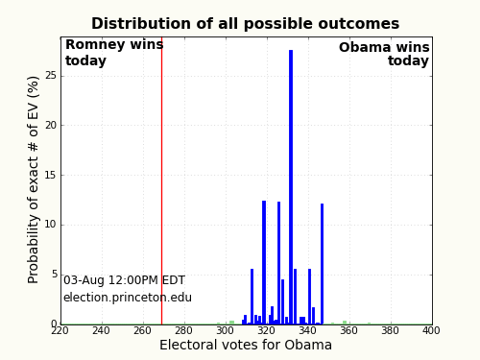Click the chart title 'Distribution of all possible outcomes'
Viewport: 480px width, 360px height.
tap(245, 24)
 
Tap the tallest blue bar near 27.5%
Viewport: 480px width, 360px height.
tap(291, 182)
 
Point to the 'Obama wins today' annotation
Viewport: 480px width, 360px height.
tap(384, 55)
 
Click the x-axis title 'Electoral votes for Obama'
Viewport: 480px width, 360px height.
tap(246, 346)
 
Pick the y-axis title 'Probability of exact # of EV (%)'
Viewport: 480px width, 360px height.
tap(35, 180)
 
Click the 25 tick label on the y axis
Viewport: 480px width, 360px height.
tap(50, 75)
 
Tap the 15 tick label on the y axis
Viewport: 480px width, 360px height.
tap(50, 175)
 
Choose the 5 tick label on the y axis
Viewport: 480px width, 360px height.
tap(53, 275)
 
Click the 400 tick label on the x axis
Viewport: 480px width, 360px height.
tap(431, 331)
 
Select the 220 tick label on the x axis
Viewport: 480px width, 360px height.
tap(60, 331)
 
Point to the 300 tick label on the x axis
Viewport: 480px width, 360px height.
tap(225, 331)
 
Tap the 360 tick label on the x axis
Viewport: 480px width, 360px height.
tap(348, 331)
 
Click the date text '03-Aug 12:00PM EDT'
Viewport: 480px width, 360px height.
tap(124, 280)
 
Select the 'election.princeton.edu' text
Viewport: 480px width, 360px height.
tap(128, 298)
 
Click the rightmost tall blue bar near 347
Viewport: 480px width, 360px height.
tap(322, 264)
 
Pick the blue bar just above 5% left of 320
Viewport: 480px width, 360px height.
tap(252, 298)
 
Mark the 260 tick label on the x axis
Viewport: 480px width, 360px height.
tap(142, 331)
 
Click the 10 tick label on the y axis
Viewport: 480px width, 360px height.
tap(50, 225)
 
